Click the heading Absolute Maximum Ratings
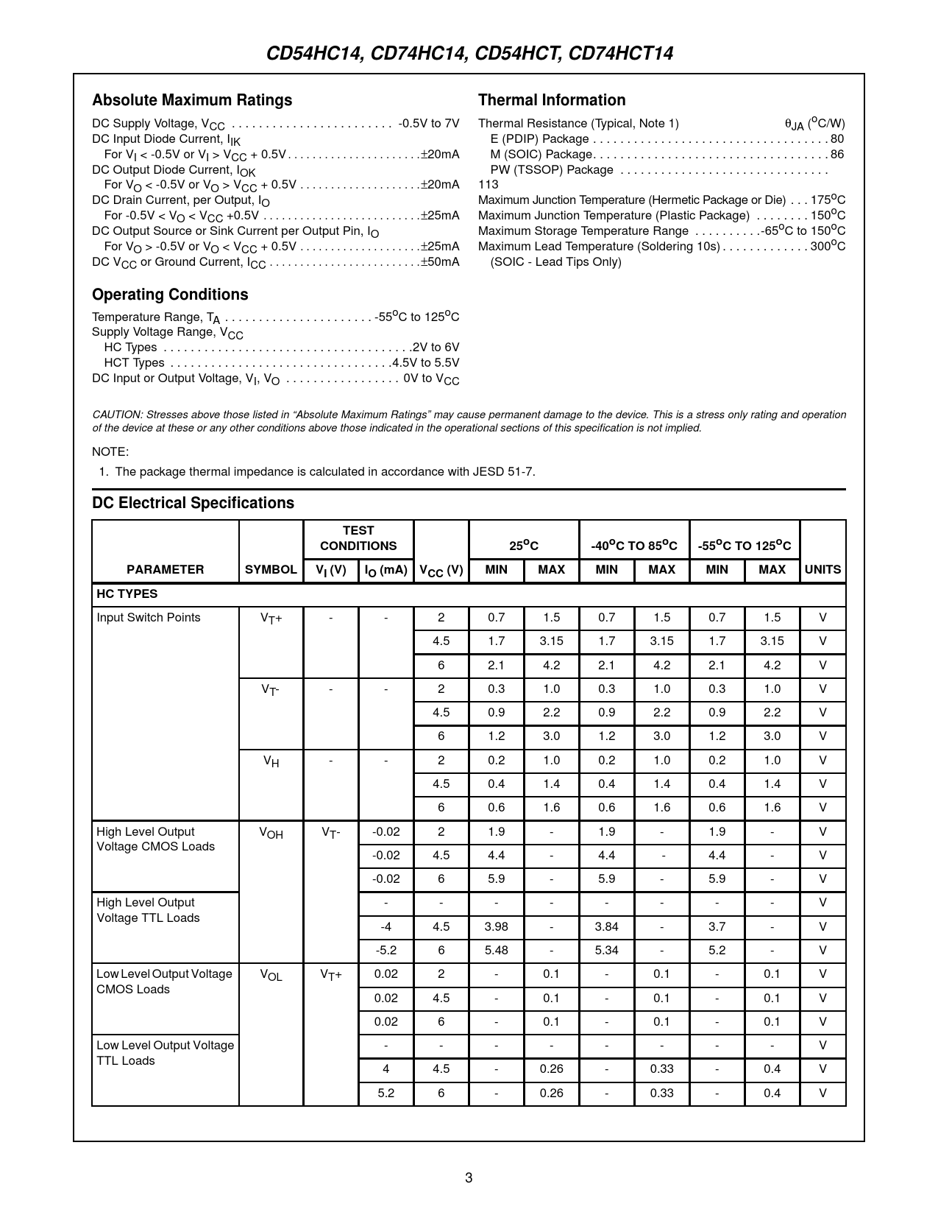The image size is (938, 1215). [x=192, y=100]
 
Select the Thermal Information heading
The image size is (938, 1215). [x=552, y=100]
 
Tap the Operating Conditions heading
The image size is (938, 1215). [x=170, y=295]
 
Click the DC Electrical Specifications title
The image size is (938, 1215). [x=193, y=503]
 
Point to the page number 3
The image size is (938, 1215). [x=469, y=1177]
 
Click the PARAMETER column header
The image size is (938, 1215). [x=166, y=569]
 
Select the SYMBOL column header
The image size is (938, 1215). [x=271, y=569]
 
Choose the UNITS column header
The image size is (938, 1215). [x=822, y=569]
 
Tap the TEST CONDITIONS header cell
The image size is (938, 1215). [x=358, y=538]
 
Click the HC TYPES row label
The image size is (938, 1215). [x=127, y=594]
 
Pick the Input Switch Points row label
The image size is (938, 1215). [x=149, y=617]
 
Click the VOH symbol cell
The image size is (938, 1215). [x=271, y=833]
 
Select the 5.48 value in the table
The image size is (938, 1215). [x=497, y=950]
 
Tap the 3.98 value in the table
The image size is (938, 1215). [x=497, y=926]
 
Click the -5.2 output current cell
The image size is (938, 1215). [x=386, y=950]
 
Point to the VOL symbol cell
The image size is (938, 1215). [x=271, y=975]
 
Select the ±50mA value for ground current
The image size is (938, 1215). [x=440, y=262]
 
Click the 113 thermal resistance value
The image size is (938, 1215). [x=488, y=185]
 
